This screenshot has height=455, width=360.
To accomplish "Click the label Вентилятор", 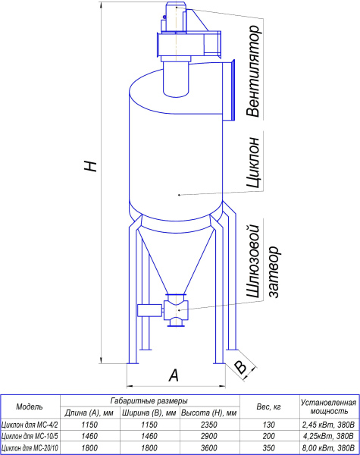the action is (x=252, y=71).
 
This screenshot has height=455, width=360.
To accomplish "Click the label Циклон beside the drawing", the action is (x=252, y=162).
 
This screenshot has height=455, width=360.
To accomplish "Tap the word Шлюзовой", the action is (x=252, y=261).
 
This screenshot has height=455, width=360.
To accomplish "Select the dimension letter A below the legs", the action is (x=174, y=375).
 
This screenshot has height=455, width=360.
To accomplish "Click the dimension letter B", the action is (x=240, y=367).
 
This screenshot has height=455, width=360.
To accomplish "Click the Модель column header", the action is (x=30, y=406).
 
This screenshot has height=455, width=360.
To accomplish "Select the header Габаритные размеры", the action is (x=149, y=400).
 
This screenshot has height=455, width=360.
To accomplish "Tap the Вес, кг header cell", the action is (x=268, y=407).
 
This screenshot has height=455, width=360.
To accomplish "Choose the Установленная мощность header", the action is (x=328, y=406).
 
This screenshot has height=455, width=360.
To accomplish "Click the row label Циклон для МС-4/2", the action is (x=30, y=425).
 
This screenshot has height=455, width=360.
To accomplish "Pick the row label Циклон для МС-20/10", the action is (x=30, y=448).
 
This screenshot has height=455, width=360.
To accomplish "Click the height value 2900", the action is (x=209, y=436).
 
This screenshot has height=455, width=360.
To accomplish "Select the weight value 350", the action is (x=268, y=447).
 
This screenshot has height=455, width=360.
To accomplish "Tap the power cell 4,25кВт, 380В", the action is (x=328, y=436).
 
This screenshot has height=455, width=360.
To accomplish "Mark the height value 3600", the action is (x=209, y=447).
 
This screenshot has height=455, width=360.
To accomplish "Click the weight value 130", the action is (x=268, y=425).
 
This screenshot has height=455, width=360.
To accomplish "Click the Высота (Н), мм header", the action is (x=209, y=413).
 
